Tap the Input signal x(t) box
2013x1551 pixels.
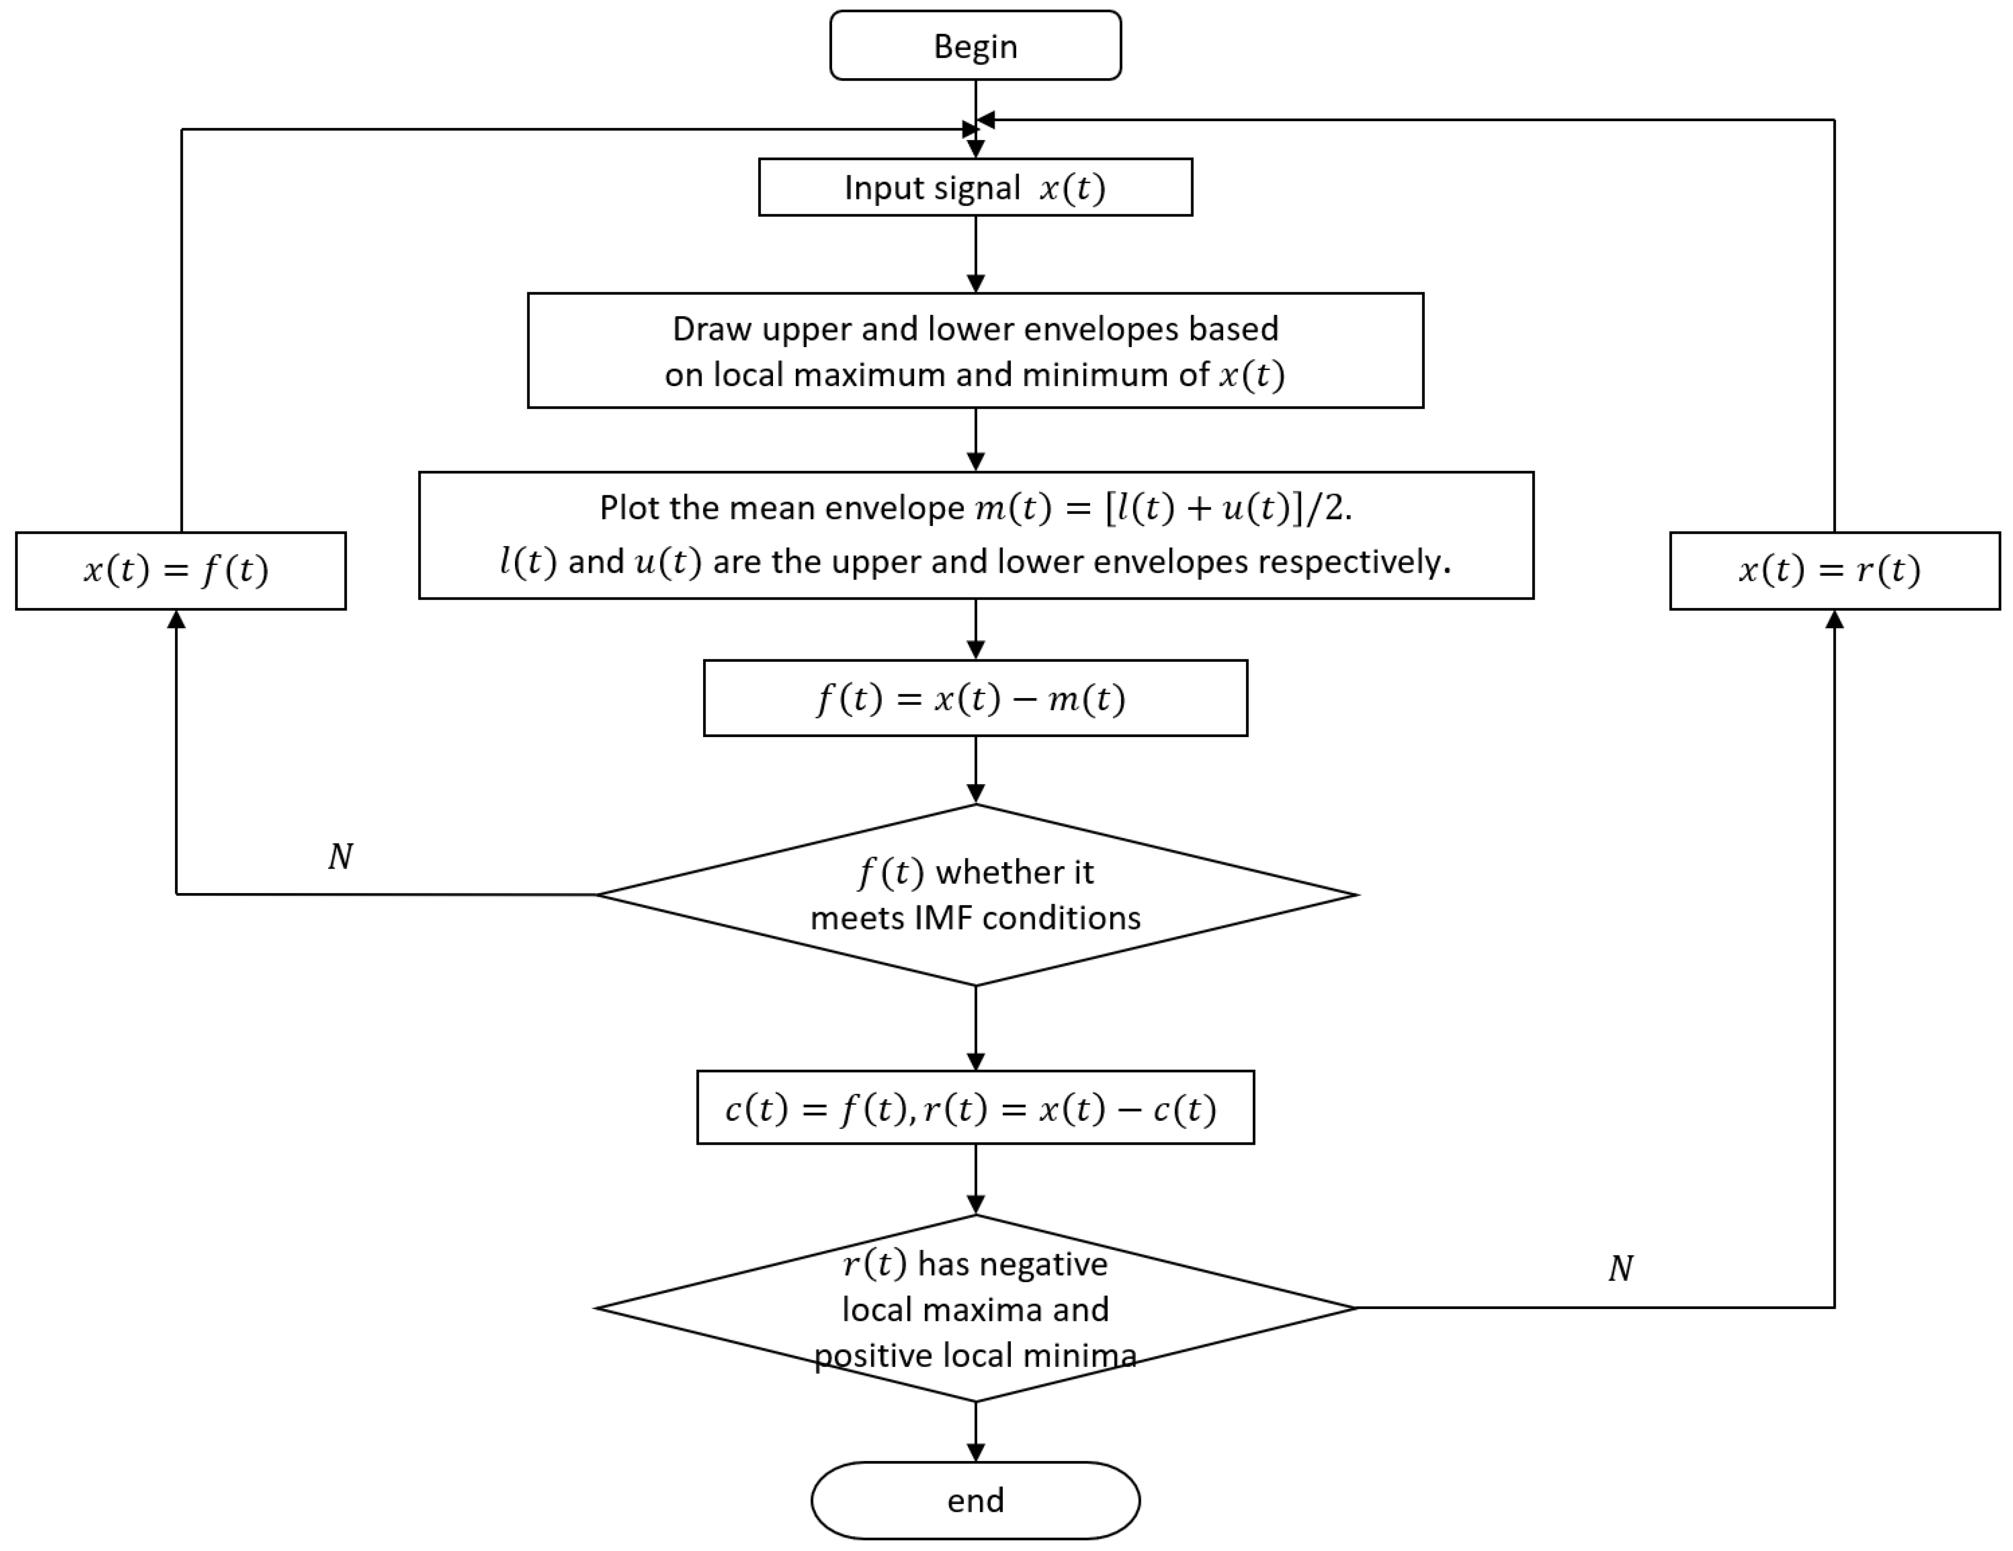coord(975,187)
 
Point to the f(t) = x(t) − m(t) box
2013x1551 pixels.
coord(975,698)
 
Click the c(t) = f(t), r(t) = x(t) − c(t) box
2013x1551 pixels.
coord(975,1108)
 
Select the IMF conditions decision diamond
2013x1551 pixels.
coord(975,895)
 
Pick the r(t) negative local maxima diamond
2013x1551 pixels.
coord(975,1308)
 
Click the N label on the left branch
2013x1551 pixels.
coord(340,857)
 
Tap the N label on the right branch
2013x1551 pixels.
coord(1620,1269)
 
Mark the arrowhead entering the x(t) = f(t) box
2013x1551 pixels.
coord(176,620)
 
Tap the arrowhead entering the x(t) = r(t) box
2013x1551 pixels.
coord(1834,620)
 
